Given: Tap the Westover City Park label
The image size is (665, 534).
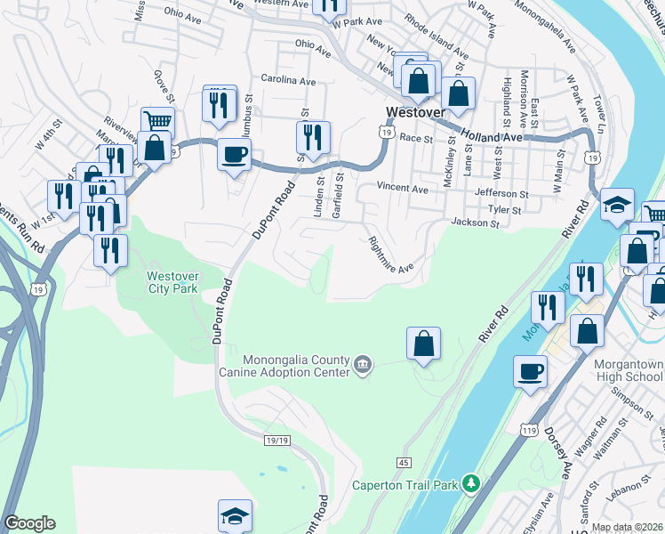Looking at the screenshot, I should tap(173, 282).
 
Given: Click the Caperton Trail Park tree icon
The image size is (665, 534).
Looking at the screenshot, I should tap(471, 484).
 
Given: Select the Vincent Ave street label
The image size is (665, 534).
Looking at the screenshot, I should tap(402, 188).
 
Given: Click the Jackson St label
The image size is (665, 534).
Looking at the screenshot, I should tap(476, 222).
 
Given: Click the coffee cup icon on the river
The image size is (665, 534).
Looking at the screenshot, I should tap(531, 370).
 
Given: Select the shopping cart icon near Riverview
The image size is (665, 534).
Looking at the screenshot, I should tap(157, 121).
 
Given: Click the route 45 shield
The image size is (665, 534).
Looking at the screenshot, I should tap(403, 463).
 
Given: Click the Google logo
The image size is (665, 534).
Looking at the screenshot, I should tap(29, 523).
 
